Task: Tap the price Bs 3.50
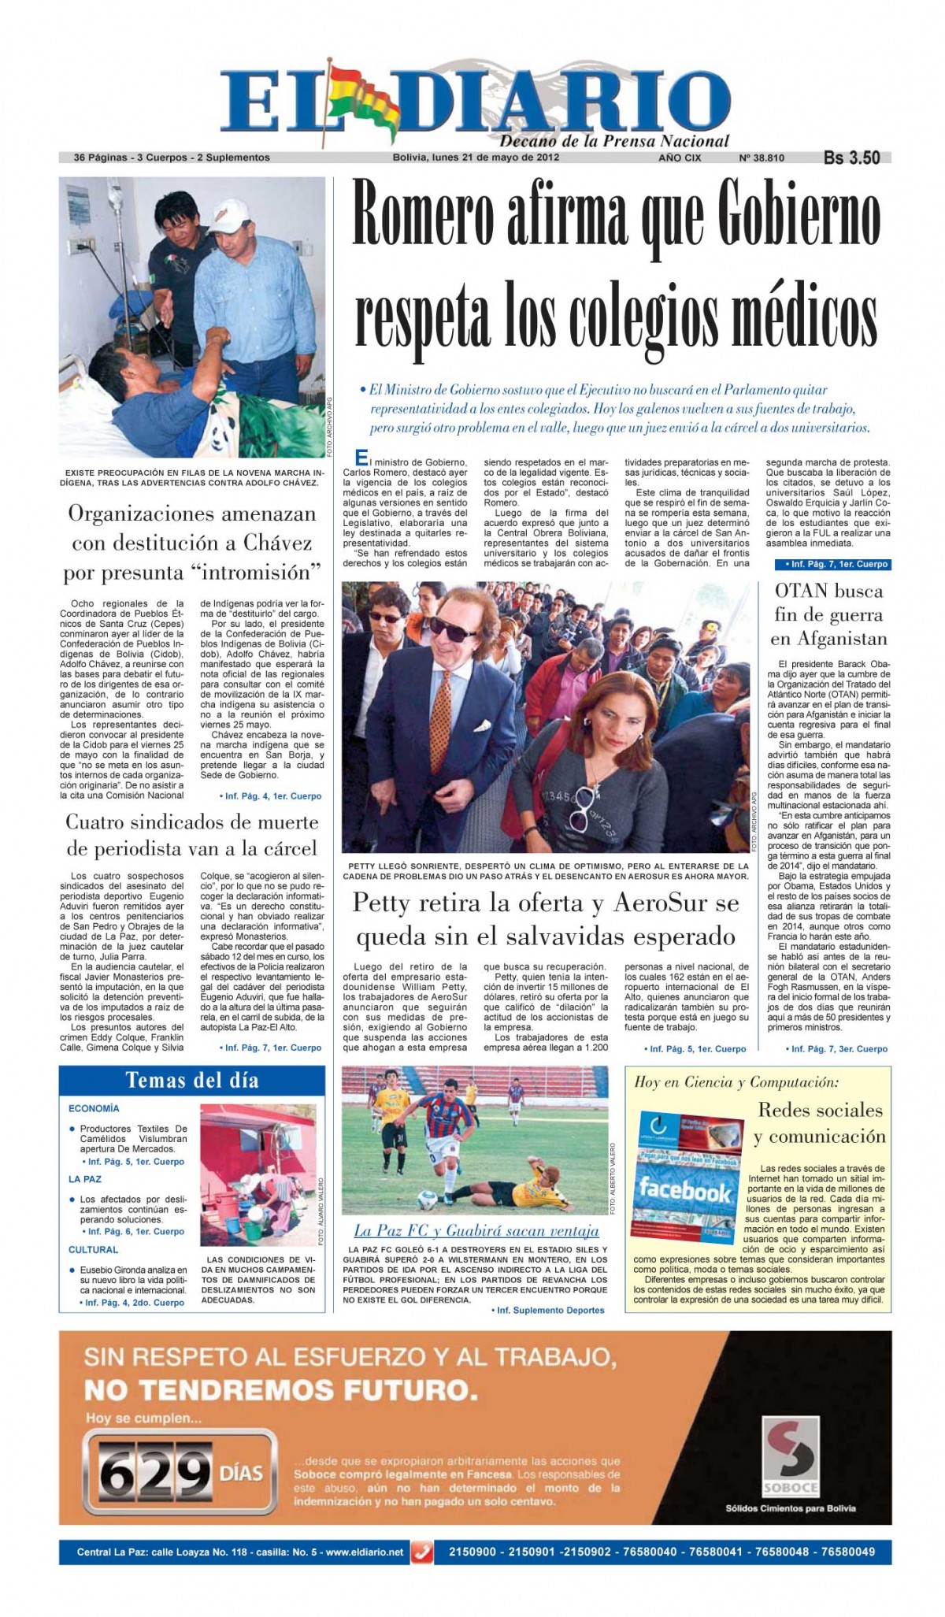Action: click(851, 158)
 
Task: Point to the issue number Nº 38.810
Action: click(761, 158)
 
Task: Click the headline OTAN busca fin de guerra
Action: click(828, 614)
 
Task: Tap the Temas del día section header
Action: click(192, 1080)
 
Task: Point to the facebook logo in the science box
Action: click(684, 1189)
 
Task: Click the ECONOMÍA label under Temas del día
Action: click(94, 1108)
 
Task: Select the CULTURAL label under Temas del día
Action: click(93, 1249)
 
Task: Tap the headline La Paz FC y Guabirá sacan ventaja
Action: click(476, 1230)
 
